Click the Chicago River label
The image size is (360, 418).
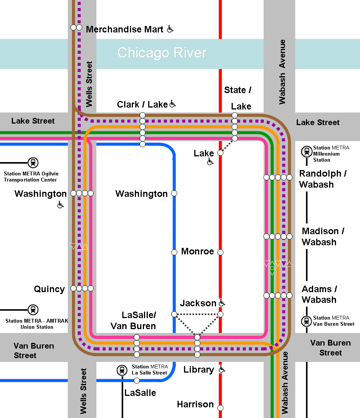162,53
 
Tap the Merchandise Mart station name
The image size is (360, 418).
125,29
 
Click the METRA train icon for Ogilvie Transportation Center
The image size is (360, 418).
33,163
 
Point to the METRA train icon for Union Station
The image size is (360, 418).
33,310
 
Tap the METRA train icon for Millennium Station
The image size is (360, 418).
307,152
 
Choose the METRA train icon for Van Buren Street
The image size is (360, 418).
307,321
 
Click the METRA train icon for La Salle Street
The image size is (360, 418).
122,370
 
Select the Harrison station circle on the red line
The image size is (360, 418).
220,408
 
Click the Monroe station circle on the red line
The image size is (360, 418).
220,252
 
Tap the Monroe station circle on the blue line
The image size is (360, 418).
174,252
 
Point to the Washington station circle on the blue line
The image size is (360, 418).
174,193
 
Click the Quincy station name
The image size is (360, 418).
50,289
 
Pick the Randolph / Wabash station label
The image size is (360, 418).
322,179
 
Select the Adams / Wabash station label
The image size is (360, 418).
319,294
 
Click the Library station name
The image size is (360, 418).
198,370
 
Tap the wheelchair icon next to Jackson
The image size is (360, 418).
222,303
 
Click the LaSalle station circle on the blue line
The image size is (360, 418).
137,380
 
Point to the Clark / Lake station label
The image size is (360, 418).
142,104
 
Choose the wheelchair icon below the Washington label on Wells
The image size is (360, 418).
60,205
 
